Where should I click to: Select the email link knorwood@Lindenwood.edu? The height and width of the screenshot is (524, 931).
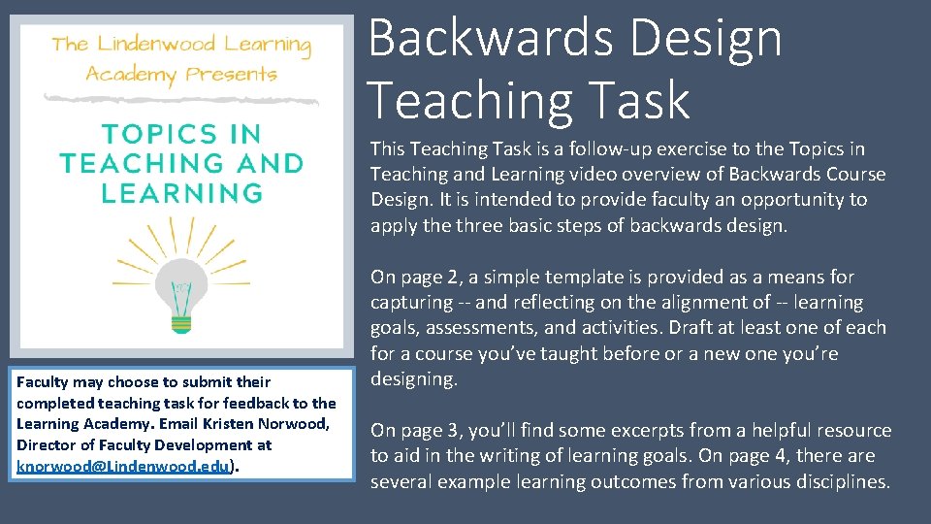coord(122,466)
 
